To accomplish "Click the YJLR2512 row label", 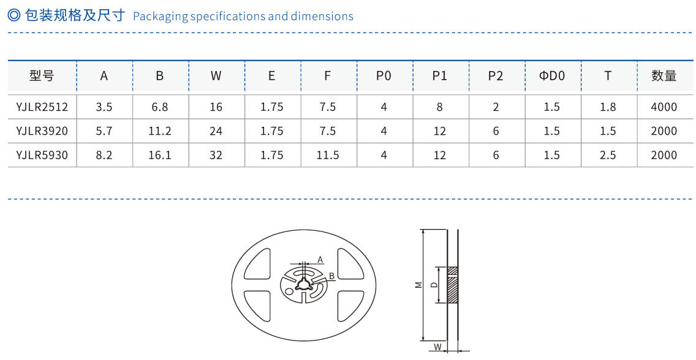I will (x=42, y=107).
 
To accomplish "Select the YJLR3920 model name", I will (x=42, y=131).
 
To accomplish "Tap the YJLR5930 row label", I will (x=42, y=156).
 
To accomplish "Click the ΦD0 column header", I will (x=551, y=76).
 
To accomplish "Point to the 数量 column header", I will (x=664, y=76).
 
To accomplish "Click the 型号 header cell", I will (x=42, y=76).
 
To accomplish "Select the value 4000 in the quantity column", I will (x=664, y=107).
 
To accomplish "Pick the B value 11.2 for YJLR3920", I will (x=160, y=131).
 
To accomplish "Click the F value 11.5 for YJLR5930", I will (x=328, y=156).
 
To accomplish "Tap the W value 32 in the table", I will (x=216, y=156).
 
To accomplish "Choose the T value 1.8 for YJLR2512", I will (x=608, y=107).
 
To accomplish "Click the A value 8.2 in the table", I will (x=104, y=156).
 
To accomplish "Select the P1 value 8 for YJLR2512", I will (x=439, y=107).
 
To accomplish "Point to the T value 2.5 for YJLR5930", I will (x=608, y=156).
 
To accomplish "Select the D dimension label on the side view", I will (x=434, y=285).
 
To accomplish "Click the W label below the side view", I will (x=437, y=347).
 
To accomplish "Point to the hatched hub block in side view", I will (x=453, y=285).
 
